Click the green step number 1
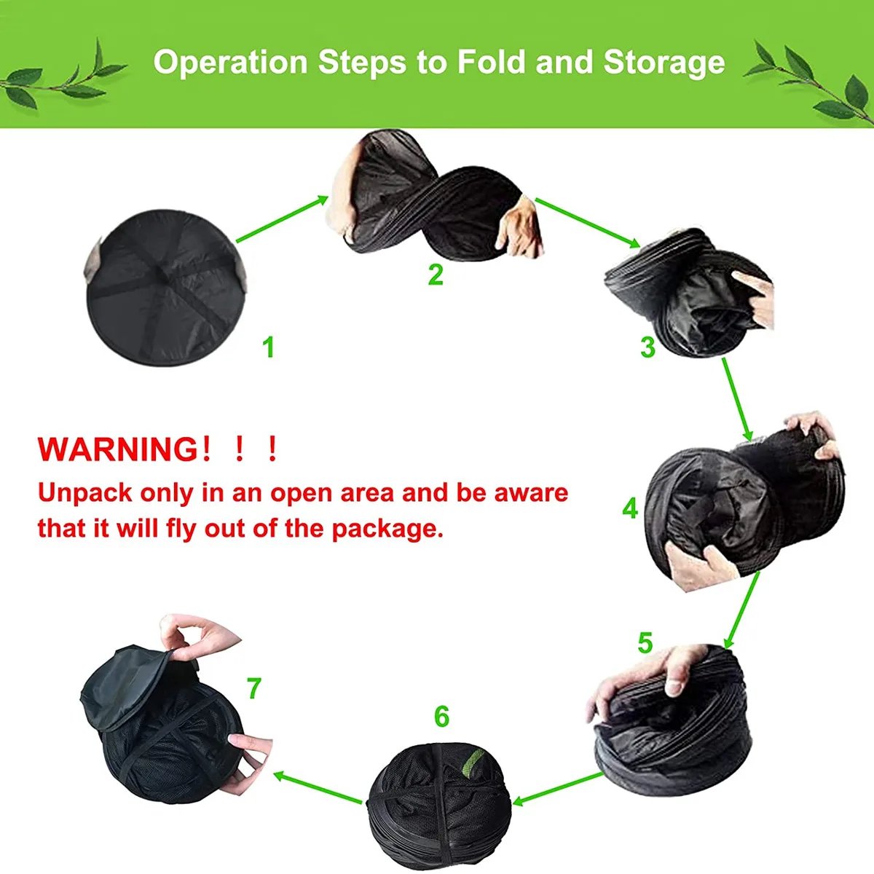[269, 348]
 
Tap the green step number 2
[435, 274]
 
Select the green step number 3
[647, 347]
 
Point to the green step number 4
[630, 509]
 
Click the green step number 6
[441, 717]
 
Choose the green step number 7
[254, 688]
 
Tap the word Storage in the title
[664, 63]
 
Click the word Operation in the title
[230, 62]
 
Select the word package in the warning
[387, 529]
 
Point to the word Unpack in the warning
[86, 494]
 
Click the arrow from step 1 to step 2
[282, 219]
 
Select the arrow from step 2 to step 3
[588, 223]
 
